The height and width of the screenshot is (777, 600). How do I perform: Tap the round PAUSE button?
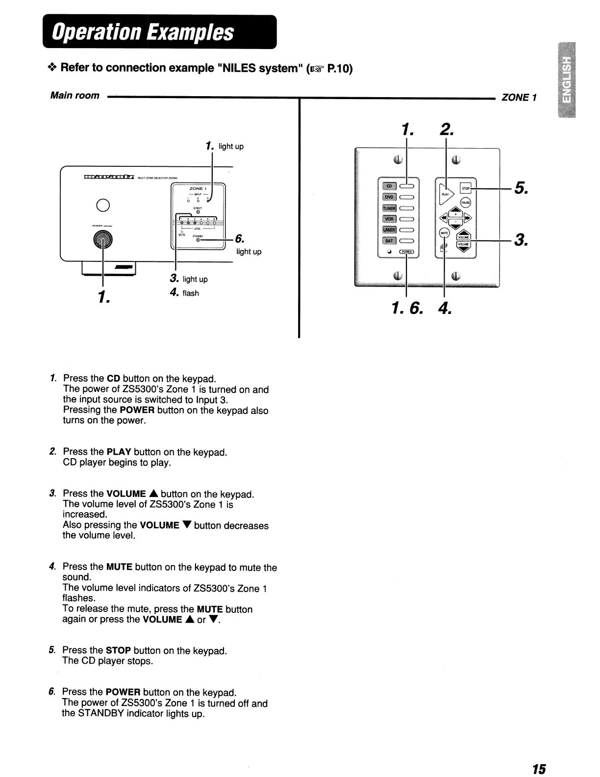point(465,203)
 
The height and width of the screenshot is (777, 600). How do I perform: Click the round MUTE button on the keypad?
point(444,233)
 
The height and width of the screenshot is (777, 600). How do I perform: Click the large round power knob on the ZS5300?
point(102,239)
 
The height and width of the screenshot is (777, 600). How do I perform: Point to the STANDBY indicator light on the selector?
point(198,240)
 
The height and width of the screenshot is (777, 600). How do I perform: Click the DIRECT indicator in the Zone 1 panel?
point(198,212)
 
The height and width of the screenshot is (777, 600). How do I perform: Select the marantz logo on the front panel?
point(108,178)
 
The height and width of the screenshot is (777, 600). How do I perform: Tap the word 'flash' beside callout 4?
point(191,293)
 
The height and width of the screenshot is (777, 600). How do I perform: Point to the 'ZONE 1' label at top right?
point(519,97)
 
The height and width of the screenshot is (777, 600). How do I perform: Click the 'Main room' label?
point(75,96)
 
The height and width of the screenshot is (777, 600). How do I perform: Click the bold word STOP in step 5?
point(118,651)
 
